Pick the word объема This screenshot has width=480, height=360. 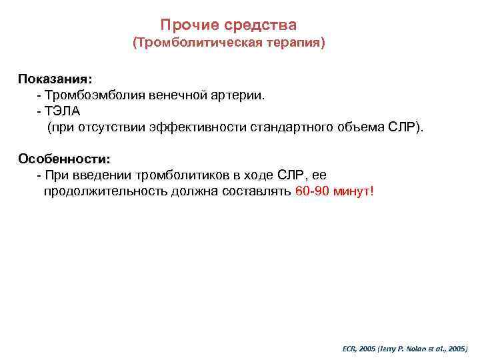tap(360, 127)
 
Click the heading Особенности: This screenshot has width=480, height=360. tap(64, 159)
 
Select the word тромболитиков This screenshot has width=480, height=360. tap(179, 175)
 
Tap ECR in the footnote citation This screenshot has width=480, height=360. tap(349, 349)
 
